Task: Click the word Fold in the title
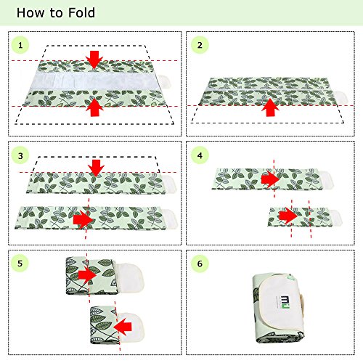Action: [81, 12]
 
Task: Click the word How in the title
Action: [30, 12]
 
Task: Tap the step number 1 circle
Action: [20, 45]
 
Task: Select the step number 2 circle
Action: [200, 45]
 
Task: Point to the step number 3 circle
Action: [20, 155]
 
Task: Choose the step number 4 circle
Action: [200, 155]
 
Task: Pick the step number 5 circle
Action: [20, 264]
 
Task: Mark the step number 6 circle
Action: [200, 264]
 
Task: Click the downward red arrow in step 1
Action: [94, 60]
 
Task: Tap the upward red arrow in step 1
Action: [94, 107]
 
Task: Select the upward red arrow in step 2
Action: [270, 107]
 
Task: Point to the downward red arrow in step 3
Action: [96, 168]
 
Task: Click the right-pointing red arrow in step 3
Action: [83, 220]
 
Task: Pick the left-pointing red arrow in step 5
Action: [123, 327]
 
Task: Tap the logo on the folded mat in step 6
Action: [283, 301]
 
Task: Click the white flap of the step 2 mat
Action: [342, 97]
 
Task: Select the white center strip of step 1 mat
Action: [95, 81]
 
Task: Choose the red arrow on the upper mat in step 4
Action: [270, 179]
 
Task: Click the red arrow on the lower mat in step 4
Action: [288, 216]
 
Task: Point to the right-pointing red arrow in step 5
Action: [87, 275]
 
